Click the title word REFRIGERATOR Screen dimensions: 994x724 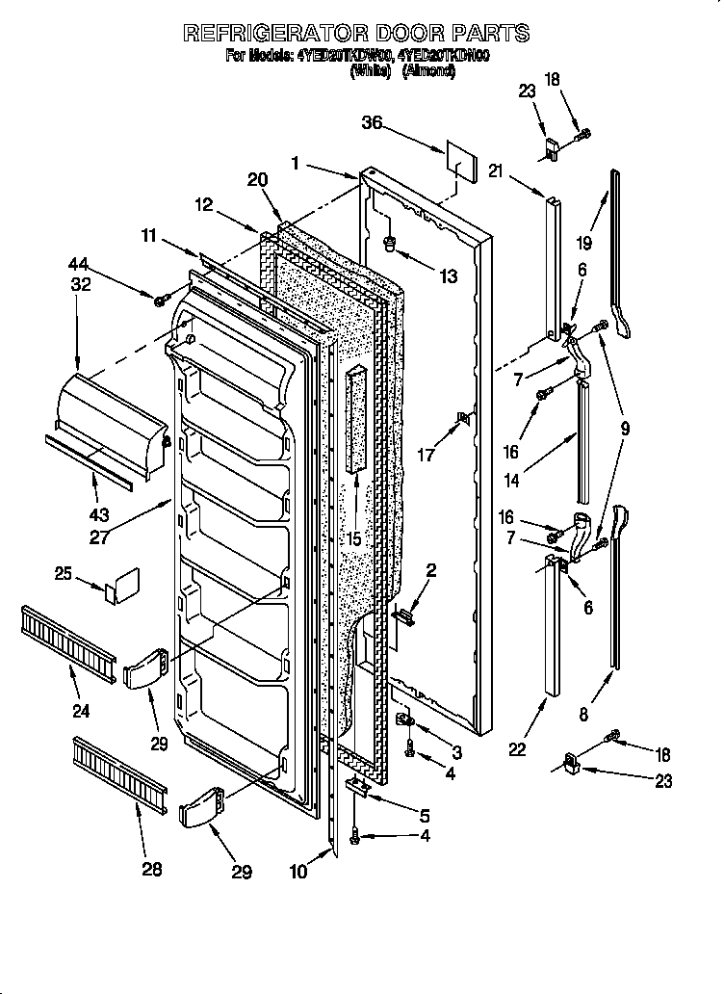tap(279, 33)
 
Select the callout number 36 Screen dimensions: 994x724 tap(373, 122)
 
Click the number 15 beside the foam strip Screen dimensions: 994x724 tap(354, 539)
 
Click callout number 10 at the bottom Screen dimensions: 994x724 tap(299, 872)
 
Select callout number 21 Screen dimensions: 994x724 tap(496, 171)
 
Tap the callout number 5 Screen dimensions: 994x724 tap(425, 814)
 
